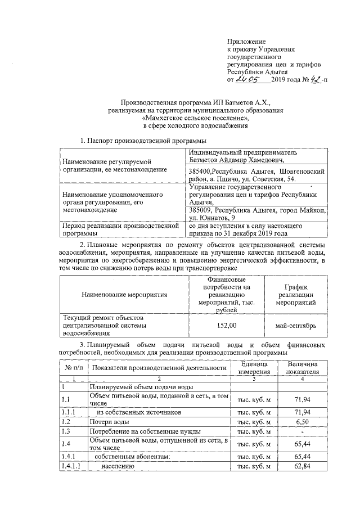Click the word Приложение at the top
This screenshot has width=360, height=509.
tap(246, 42)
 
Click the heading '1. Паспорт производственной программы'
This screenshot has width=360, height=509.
tap(143, 140)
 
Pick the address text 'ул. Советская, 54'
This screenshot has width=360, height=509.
tap(268, 179)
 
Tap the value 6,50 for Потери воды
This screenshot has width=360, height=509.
tap(303, 421)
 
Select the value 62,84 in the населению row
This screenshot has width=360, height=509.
tap(303, 466)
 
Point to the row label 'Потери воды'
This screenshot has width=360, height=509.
tap(109, 421)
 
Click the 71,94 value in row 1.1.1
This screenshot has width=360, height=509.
tap(303, 412)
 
